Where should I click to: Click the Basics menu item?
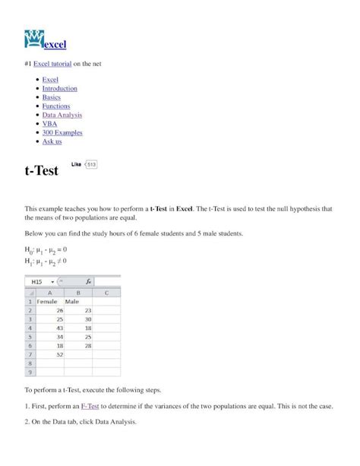point(52,97)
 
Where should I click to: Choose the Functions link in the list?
point(56,106)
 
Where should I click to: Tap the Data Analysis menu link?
point(62,115)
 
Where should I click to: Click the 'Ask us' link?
point(52,141)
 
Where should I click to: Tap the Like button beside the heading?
point(76,163)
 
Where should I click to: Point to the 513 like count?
point(91,163)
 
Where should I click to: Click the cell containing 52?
point(58,354)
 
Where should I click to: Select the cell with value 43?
point(58,328)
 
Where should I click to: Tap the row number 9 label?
point(30,372)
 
